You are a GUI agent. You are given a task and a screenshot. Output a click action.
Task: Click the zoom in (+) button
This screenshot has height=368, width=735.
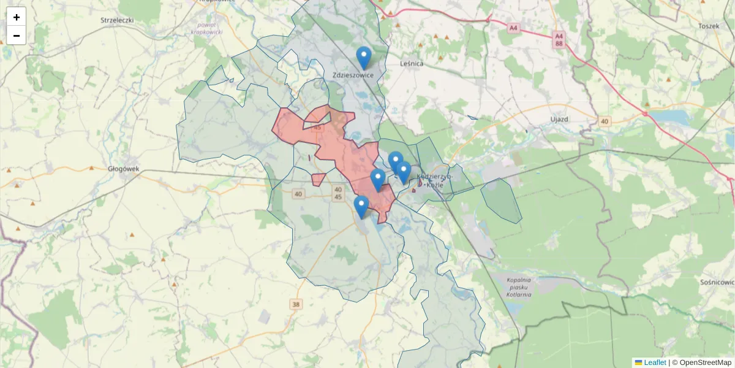tap(17, 17)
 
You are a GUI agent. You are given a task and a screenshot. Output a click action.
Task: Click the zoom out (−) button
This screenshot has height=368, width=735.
tap(17, 36)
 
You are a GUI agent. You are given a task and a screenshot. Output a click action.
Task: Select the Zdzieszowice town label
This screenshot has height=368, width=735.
tap(353, 75)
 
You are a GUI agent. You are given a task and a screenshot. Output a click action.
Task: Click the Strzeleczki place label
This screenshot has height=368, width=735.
tap(117, 20)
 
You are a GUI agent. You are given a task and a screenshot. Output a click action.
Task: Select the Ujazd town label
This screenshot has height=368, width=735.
tap(560, 118)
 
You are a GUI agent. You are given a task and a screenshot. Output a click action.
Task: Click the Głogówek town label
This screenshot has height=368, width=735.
tap(124, 169)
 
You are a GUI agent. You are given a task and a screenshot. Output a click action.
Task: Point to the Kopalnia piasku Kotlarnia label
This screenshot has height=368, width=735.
tap(519, 286)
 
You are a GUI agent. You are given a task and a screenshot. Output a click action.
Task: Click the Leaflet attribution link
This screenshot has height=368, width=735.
tap(655, 362)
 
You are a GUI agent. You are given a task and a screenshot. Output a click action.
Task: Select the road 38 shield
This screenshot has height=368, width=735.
tap(296, 304)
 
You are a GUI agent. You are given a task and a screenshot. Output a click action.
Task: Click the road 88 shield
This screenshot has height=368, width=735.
tap(559, 44)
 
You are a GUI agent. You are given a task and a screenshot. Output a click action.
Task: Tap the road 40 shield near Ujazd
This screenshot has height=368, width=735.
tap(605, 121)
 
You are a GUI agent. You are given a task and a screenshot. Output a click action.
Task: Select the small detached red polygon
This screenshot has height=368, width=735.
tap(318, 179)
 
